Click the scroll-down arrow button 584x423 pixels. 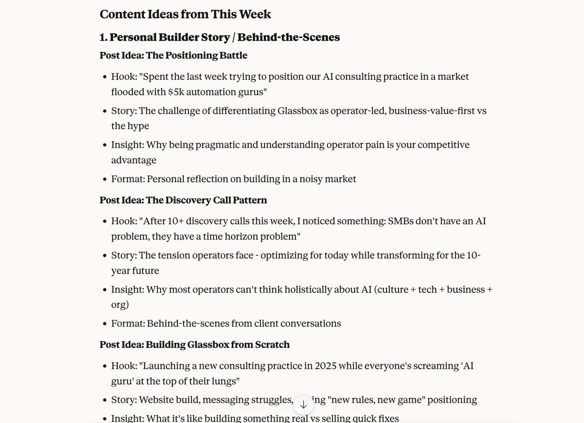(x=303, y=404)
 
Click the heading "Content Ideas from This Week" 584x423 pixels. (x=185, y=14)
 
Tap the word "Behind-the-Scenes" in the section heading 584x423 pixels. (x=288, y=37)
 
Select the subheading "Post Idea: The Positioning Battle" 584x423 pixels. (x=173, y=55)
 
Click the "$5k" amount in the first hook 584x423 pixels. (x=176, y=92)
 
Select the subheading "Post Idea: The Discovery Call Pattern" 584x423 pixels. (x=183, y=200)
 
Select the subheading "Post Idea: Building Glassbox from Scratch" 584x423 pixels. (x=194, y=345)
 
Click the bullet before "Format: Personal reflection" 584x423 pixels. (x=105, y=179)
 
